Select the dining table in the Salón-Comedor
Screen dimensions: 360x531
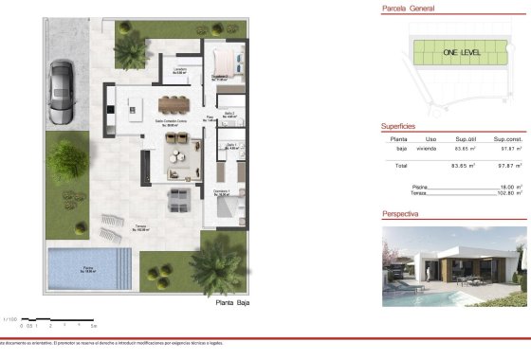[174, 104]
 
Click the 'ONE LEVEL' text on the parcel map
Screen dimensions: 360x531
[460, 55]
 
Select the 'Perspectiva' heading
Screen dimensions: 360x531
[402, 214]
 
